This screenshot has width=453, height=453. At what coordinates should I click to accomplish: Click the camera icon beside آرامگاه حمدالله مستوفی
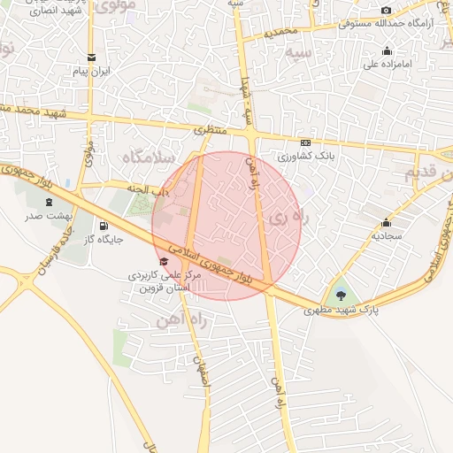[386, 11]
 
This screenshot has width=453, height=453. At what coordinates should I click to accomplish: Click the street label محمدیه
[295, 32]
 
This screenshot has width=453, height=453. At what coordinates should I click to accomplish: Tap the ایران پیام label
[92, 71]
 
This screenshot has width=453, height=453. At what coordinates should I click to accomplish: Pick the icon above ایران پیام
[92, 58]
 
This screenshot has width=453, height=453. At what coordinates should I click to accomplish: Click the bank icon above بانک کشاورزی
[306, 142]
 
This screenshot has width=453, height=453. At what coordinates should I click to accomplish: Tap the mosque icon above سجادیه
[386, 222]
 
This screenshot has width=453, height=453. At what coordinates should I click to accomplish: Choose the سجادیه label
[387, 235]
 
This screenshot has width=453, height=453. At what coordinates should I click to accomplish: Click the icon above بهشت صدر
[48, 203]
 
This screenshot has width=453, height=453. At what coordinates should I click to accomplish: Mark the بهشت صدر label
[48, 216]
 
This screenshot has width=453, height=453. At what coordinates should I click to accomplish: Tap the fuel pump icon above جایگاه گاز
[104, 226]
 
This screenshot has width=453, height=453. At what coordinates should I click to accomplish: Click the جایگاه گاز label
[104, 239]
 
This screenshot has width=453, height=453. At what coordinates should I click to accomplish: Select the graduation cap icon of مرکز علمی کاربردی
[163, 262]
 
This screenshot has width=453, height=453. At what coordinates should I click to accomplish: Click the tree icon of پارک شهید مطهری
[342, 296]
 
